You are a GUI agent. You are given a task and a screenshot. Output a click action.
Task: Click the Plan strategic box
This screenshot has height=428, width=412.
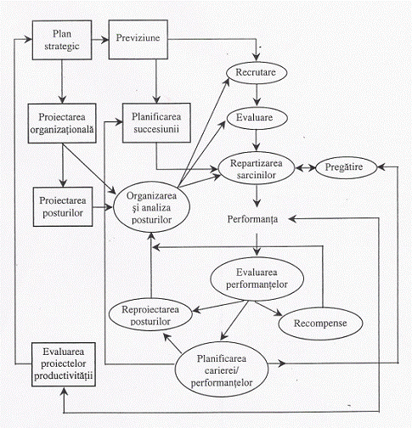pyautogui.click(x=62, y=40)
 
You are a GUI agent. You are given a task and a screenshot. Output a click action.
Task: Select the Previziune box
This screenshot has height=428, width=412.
pyautogui.click(x=138, y=39)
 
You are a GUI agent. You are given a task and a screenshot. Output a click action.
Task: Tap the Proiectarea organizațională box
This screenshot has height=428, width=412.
pyautogui.click(x=62, y=123)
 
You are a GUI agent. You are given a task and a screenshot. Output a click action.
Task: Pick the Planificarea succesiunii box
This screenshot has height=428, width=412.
pyautogui.click(x=156, y=122)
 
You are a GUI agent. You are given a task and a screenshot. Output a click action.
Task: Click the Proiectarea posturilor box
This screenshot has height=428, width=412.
pyautogui.click(x=63, y=206)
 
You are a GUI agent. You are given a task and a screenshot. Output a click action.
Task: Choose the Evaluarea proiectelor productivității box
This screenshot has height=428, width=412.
pyautogui.click(x=64, y=364)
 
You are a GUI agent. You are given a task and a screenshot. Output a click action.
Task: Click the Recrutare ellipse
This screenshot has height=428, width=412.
pyautogui.click(x=257, y=72)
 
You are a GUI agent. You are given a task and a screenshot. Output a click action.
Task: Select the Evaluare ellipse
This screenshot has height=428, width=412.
pyautogui.click(x=257, y=118)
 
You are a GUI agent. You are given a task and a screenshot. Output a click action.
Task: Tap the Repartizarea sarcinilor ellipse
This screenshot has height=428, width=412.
pyautogui.click(x=257, y=169)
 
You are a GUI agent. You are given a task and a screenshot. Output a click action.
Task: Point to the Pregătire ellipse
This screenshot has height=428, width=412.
pyautogui.click(x=346, y=167)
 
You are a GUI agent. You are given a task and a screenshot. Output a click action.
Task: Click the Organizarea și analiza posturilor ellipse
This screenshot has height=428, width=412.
pyautogui.click(x=151, y=207)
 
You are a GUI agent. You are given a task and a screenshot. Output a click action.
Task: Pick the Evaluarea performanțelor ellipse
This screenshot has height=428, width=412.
pyautogui.click(x=257, y=279)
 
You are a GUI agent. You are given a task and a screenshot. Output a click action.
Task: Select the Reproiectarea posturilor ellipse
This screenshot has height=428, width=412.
pyautogui.click(x=150, y=316)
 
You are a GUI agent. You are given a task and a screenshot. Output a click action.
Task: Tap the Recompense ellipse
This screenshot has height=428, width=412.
pyautogui.click(x=320, y=324)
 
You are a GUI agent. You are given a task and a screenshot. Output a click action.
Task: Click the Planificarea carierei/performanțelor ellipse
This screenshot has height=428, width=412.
pyautogui.click(x=222, y=369)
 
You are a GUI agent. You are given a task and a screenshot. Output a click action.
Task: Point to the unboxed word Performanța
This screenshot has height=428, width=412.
pyautogui.click(x=252, y=220)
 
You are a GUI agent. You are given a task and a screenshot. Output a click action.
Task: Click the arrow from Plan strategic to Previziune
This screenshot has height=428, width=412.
pyautogui.click(x=100, y=40)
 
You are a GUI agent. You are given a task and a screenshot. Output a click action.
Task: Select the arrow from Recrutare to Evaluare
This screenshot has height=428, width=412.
pyautogui.click(x=257, y=95)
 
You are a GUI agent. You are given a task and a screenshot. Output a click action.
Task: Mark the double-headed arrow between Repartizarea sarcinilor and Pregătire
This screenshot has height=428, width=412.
pyautogui.click(x=305, y=168)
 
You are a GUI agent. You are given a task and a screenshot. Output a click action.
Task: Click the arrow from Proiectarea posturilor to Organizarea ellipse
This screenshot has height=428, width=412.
pyautogui.click(x=103, y=207)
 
